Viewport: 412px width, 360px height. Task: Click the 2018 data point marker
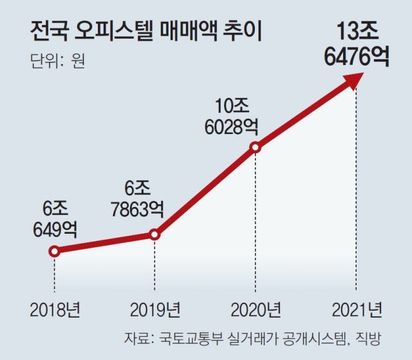(55, 251)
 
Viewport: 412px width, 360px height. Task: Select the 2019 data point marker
(154, 235)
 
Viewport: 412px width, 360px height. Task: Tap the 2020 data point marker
(256, 147)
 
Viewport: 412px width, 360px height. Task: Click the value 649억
(55, 229)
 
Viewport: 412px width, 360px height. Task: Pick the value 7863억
(137, 209)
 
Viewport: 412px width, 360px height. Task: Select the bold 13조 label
(357, 31)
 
